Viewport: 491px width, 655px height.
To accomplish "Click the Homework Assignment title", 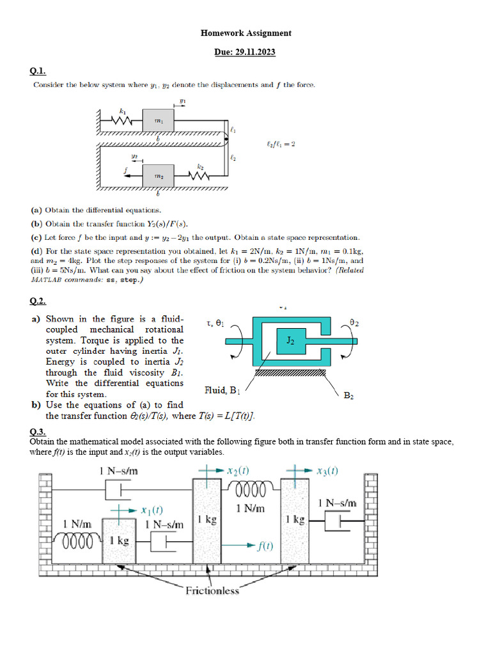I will coord(245,33).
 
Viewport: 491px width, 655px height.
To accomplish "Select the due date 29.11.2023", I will coord(245,52).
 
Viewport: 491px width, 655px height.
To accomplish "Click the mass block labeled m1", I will coord(157,120).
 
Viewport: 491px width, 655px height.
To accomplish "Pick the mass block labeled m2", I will coord(157,175).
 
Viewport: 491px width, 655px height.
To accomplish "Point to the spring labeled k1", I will coord(121,120).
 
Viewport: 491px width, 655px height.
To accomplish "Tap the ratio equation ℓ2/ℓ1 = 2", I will coord(281,144).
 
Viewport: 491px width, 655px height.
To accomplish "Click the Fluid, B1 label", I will coord(222,390).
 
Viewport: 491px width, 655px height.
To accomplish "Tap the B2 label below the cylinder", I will coord(349,396).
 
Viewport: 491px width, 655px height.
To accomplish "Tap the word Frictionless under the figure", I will coord(212,590).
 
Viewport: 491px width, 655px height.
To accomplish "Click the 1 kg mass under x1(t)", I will coord(119,541).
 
